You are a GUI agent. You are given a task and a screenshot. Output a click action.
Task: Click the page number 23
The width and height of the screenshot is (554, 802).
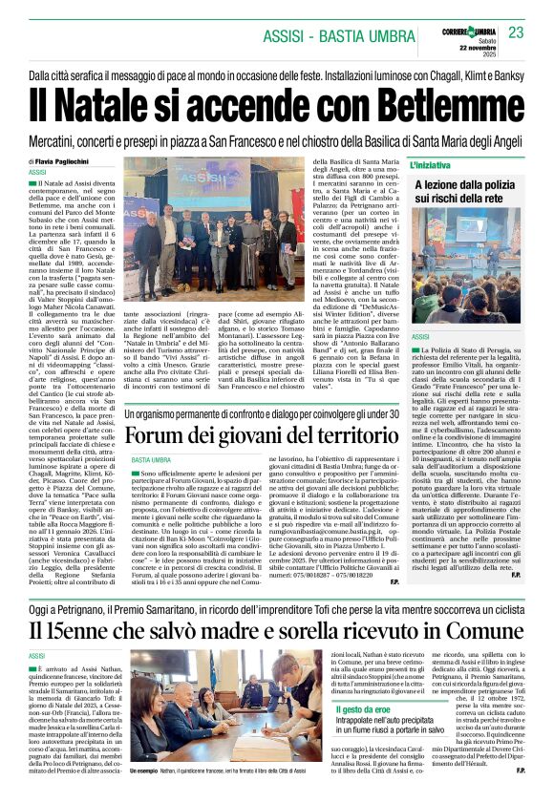point(517,32)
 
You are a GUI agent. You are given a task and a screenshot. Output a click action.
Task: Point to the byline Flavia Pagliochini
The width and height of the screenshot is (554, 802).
point(68,163)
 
